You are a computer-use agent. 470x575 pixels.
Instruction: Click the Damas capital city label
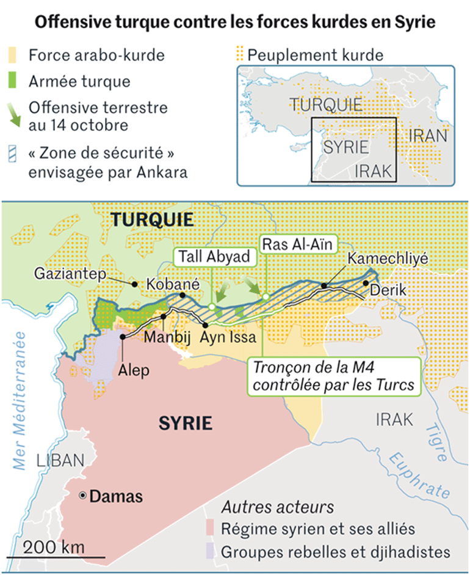116,496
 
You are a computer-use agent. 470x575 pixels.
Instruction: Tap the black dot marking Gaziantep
134,284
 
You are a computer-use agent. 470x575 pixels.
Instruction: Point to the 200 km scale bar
56,556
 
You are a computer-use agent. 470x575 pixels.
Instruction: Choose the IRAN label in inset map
428,135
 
